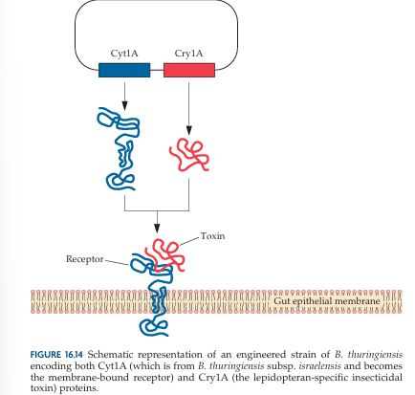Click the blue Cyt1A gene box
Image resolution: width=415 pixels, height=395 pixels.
124,70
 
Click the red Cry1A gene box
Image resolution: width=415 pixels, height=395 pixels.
189,70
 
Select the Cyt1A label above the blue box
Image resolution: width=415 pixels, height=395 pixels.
124,53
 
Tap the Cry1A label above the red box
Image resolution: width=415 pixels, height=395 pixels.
188,53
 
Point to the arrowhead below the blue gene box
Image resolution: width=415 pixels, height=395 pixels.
124,106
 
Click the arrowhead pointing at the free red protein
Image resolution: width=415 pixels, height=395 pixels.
189,130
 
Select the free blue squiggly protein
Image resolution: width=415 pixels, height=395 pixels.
119,149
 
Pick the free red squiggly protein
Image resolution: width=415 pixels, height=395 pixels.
189,154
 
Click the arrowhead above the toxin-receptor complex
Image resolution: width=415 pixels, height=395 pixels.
157,229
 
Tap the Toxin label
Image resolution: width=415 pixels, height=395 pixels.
212,236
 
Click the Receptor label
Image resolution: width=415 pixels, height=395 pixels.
85,259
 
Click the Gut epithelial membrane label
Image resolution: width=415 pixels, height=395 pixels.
327,301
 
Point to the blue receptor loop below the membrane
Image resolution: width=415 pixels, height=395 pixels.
154,326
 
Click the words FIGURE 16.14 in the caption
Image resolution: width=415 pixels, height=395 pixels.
56,355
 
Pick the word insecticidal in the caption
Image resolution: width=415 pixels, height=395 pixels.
382,377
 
